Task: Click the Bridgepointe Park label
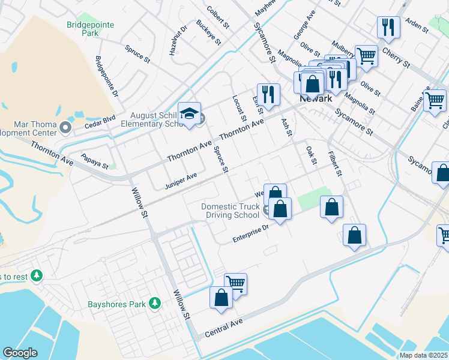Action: pyautogui.click(x=91, y=29)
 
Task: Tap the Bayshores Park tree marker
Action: pyautogui.click(x=155, y=304)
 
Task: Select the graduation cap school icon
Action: pyautogui.click(x=190, y=115)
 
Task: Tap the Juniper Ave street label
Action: pyautogui.click(x=181, y=181)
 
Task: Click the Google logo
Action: pyautogui.click(x=20, y=352)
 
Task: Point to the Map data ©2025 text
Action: pyautogui.click(x=423, y=355)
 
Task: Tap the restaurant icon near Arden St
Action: pyautogui.click(x=388, y=28)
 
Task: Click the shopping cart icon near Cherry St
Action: pyautogui.click(x=366, y=56)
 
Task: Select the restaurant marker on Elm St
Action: pyautogui.click(x=268, y=94)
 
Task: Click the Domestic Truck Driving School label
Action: pyautogui.click(x=231, y=211)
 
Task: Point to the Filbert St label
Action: pyautogui.click(x=334, y=163)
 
